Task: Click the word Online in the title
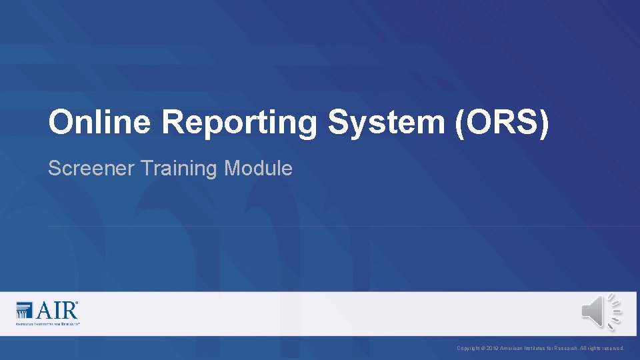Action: [x=100, y=123]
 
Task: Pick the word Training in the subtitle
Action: [x=179, y=169]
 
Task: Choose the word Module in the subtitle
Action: [x=259, y=169]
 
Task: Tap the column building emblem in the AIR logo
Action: [x=24, y=310]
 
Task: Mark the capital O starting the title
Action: [x=60, y=123]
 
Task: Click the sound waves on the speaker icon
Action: [x=614, y=311]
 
